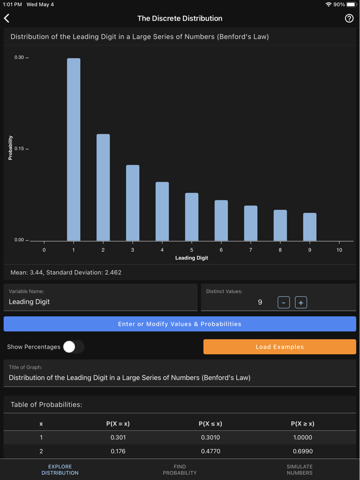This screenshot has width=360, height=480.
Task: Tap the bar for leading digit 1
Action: point(74,149)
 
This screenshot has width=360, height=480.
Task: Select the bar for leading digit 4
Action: point(162,211)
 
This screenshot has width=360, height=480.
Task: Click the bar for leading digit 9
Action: point(310,227)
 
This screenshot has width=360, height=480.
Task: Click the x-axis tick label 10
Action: point(339,250)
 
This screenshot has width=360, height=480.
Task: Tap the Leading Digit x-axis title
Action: point(191,258)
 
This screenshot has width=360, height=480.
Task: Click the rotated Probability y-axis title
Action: point(11,148)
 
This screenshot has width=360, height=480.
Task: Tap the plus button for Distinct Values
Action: point(301,302)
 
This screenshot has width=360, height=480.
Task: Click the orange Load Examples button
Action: point(279,347)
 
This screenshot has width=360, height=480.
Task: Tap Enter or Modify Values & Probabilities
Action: point(179,324)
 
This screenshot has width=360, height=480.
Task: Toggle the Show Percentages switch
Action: point(74,347)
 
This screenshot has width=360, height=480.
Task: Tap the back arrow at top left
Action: point(7,19)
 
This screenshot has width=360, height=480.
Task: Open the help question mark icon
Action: point(349,19)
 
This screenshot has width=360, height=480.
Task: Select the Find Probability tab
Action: point(179,470)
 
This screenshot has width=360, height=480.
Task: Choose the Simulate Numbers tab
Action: point(299,470)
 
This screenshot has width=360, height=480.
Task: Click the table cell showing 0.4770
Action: point(210,451)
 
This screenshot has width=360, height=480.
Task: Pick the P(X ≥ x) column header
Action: point(302,424)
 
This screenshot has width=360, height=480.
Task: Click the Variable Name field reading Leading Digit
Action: point(100,302)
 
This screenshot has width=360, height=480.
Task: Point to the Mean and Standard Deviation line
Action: point(66,272)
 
